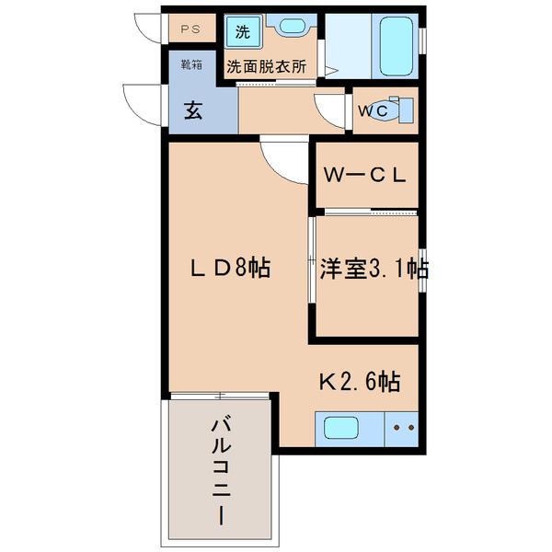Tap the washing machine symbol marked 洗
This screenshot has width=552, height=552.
pos(242,31)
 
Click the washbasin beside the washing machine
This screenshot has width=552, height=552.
pos(293,29)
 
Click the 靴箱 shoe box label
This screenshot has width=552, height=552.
pos(190,64)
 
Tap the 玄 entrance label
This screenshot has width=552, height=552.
pos(192,110)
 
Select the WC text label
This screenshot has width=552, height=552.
pos(373,111)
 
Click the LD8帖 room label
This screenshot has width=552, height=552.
pos(229,270)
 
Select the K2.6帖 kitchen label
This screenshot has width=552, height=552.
pos(359,381)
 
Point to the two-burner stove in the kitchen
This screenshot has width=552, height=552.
pos(403,428)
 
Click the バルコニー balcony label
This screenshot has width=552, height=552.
pos(221,469)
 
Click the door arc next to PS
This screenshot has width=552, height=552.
pos(148,29)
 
